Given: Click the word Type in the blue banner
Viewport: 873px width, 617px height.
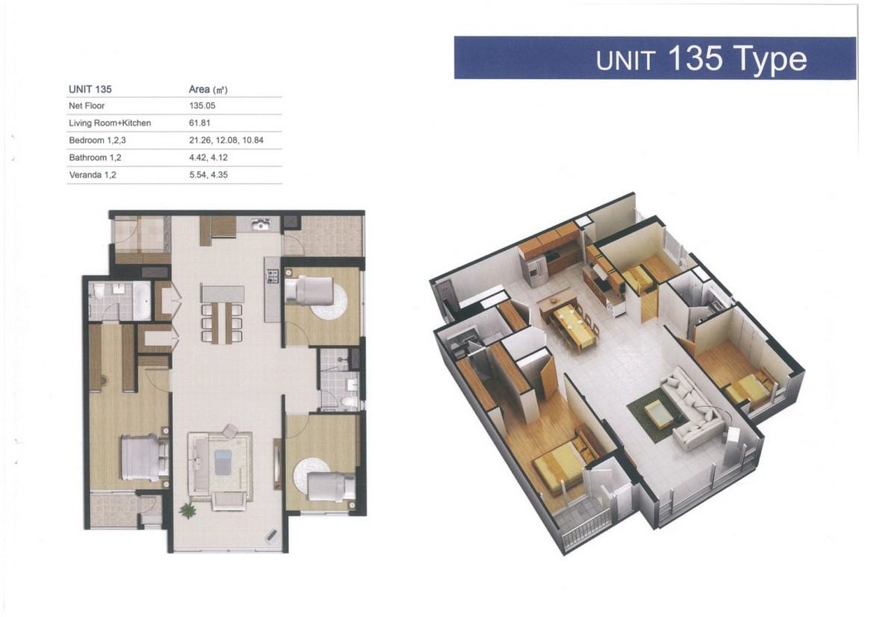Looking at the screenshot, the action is pyautogui.click(x=770, y=60).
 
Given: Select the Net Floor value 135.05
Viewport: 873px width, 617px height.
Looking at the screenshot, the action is pyautogui.click(x=202, y=105).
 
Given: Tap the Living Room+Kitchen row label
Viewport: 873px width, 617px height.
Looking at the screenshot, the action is pyautogui.click(x=110, y=123).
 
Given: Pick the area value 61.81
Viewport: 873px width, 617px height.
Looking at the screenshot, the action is pyautogui.click(x=199, y=123).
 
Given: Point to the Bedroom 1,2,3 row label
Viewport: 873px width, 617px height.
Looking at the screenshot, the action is pyautogui.click(x=98, y=140).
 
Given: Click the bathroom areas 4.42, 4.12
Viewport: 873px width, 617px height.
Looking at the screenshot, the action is pyautogui.click(x=208, y=158).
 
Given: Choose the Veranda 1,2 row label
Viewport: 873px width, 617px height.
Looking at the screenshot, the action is pyautogui.click(x=93, y=175).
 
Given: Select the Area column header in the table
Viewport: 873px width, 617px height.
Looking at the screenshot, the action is pyautogui.click(x=208, y=89).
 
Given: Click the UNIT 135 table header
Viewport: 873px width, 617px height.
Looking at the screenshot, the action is pyautogui.click(x=90, y=89).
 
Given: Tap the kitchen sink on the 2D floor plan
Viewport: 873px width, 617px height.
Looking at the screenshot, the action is pyautogui.click(x=260, y=224).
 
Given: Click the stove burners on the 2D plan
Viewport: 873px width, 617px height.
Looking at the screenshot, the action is pyautogui.click(x=272, y=276).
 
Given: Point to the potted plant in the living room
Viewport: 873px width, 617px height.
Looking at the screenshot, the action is pyautogui.click(x=187, y=509).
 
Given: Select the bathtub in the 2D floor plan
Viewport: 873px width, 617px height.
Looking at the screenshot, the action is pyautogui.click(x=142, y=302).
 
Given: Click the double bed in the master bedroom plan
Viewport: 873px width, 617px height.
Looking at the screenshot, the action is pyautogui.click(x=144, y=458).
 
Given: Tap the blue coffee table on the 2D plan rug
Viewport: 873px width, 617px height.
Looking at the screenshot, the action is pyautogui.click(x=222, y=462).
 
